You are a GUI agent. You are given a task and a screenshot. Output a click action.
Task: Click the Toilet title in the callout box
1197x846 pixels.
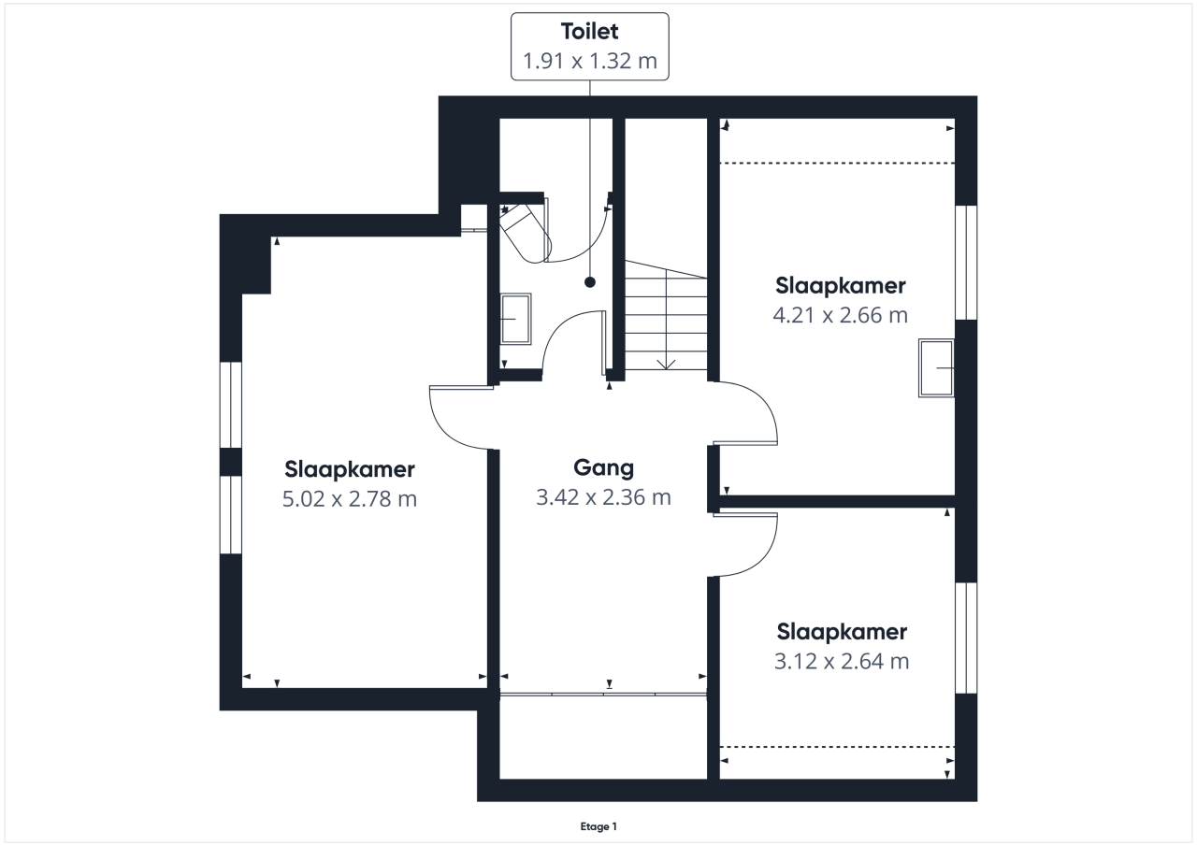[x=589, y=32]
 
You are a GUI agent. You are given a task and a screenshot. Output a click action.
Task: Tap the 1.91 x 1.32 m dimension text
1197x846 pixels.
[x=589, y=61]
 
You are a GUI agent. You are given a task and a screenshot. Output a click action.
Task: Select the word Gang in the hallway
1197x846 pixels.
[x=603, y=468]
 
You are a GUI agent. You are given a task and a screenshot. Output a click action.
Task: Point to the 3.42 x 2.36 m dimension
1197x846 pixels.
[x=603, y=497]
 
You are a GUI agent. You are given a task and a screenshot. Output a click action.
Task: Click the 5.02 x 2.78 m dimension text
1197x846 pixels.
[x=350, y=499]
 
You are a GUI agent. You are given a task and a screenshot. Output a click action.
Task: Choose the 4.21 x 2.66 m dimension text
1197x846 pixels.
[x=840, y=315]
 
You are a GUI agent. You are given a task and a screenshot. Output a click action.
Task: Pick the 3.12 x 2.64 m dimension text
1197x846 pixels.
[x=842, y=661]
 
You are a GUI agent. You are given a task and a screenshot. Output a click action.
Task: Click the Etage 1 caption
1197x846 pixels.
[x=598, y=826]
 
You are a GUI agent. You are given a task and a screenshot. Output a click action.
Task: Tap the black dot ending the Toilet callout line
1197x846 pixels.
[x=590, y=282]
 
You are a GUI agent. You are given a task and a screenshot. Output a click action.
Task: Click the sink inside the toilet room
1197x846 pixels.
[x=515, y=319]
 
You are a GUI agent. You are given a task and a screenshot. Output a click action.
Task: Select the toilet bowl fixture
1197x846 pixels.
[x=525, y=234]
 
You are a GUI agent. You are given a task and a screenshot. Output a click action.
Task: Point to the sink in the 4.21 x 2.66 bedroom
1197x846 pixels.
[x=936, y=368]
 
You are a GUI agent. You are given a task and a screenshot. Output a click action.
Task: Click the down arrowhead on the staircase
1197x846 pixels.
[x=666, y=365]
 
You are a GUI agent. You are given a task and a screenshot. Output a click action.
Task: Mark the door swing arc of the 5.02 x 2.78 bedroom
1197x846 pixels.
[x=448, y=432]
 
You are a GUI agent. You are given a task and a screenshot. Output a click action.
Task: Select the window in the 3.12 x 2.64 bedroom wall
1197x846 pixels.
[x=966, y=638]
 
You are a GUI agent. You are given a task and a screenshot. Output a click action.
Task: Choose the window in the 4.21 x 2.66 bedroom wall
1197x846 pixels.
[x=966, y=263]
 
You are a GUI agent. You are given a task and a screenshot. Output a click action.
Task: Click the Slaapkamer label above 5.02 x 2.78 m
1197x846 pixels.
[x=350, y=469]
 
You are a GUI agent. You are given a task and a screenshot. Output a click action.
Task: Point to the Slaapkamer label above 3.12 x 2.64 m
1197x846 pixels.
[x=842, y=632]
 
